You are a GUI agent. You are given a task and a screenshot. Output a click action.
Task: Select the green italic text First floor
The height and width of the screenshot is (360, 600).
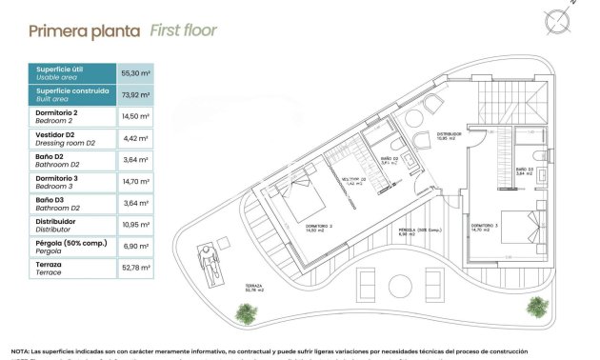(x=183, y=30)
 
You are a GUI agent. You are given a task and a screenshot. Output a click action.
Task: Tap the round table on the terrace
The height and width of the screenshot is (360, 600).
(x=394, y=285)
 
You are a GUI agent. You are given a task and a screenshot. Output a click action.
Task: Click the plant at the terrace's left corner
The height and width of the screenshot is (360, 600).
(x=247, y=312)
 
